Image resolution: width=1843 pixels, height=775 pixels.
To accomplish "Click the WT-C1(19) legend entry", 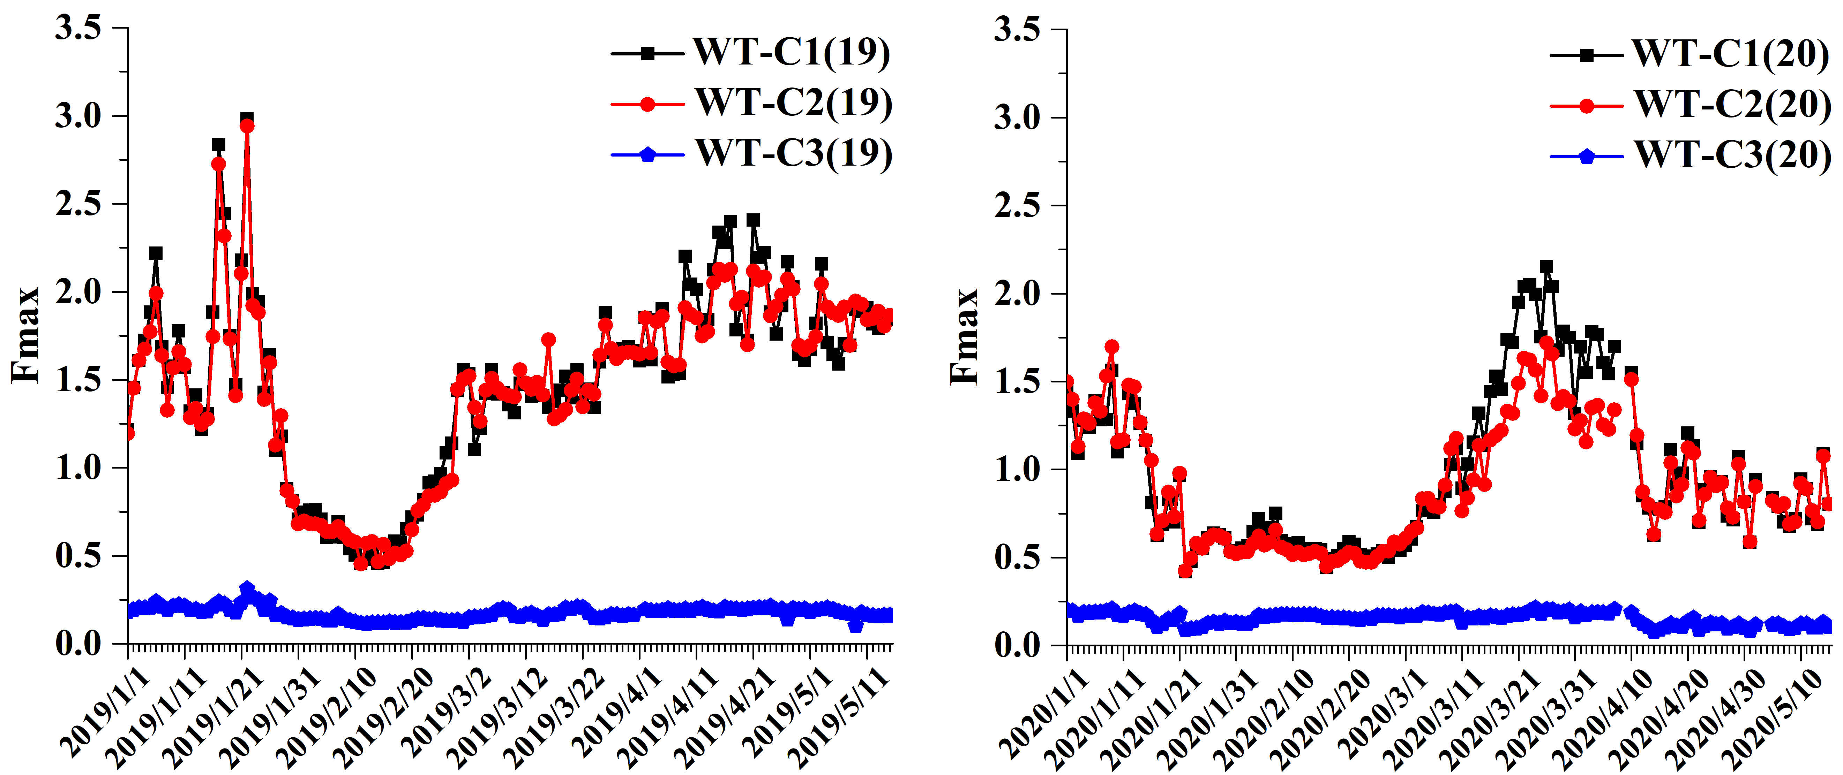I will (x=791, y=52).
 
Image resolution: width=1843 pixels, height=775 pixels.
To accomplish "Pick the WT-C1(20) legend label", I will (x=1730, y=54).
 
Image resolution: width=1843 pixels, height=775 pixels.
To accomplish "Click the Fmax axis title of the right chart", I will (x=965, y=336).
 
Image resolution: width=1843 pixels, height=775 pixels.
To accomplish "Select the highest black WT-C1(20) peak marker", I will (x=1546, y=267).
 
